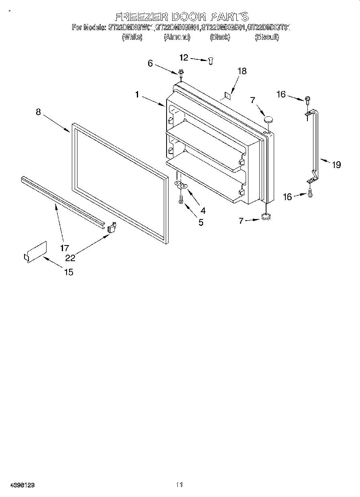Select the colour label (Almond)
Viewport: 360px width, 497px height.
coord(177,37)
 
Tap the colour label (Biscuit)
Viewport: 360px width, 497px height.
coord(267,37)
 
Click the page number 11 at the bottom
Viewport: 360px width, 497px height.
coord(179,485)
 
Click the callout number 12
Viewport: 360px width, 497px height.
coord(183,58)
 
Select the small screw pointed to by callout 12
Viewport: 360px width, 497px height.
coord(210,60)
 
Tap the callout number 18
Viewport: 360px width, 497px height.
coord(242,71)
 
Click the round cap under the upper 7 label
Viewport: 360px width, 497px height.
coord(268,119)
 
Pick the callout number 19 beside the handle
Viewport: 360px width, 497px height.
coord(336,164)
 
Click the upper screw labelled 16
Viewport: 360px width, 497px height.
coord(307,99)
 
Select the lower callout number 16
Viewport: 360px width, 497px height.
coord(287,197)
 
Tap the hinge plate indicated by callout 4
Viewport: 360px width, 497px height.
coord(182,185)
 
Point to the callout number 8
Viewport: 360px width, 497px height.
coord(38,112)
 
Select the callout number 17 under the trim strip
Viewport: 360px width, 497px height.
coord(64,248)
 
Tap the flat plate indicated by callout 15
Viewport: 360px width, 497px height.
coord(35,252)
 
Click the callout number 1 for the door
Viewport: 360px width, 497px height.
coord(137,95)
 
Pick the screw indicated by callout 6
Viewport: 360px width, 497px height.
coord(181,73)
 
